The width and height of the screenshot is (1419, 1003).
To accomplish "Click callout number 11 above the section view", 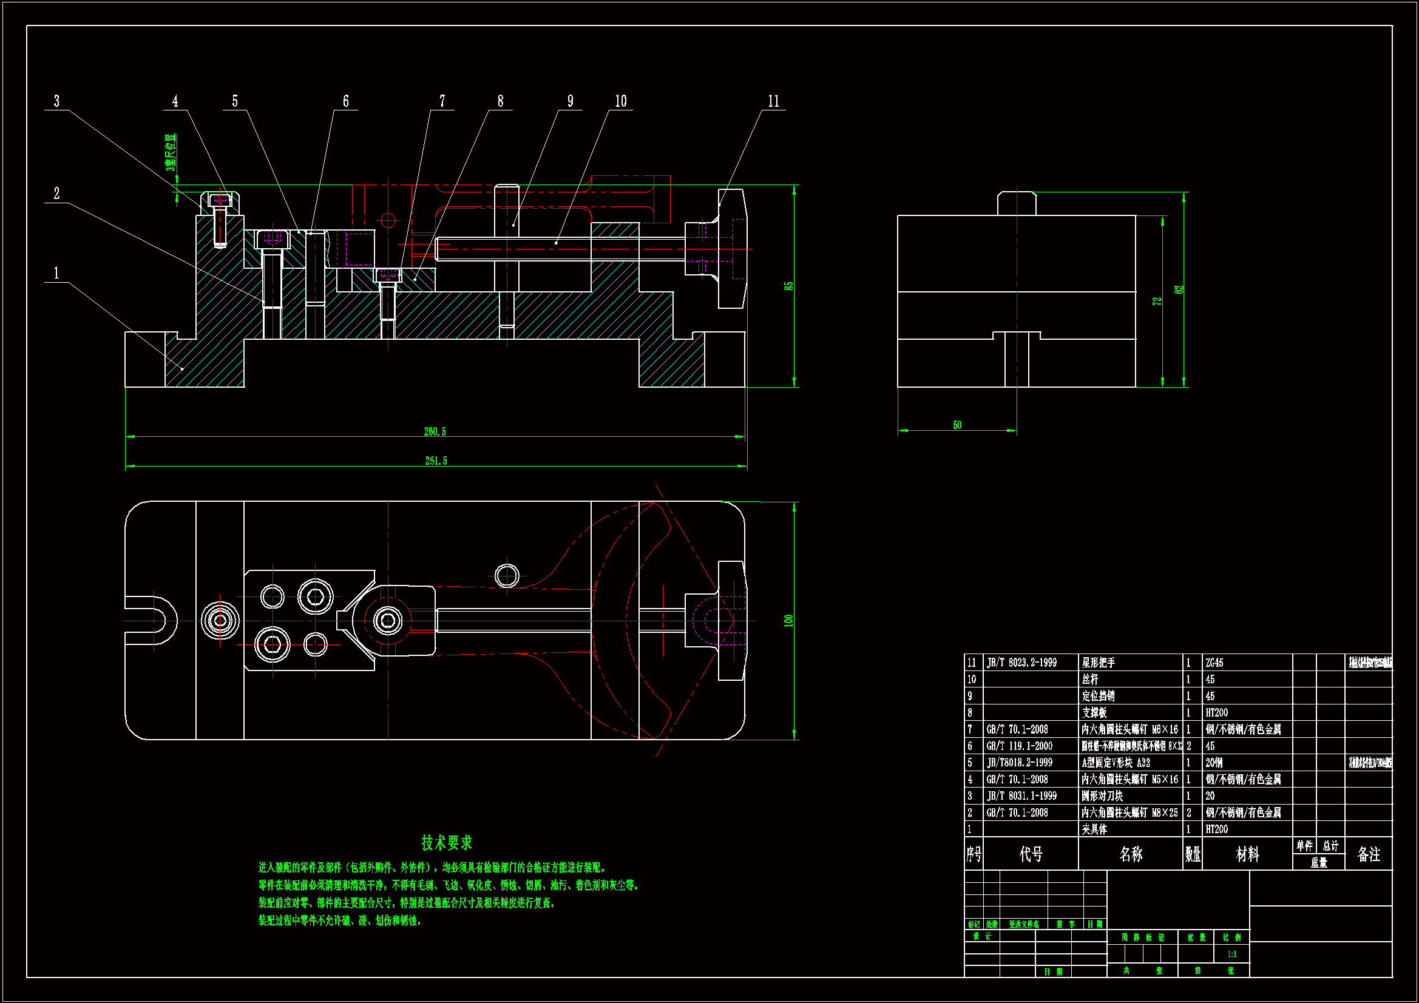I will pyautogui.click(x=773, y=101).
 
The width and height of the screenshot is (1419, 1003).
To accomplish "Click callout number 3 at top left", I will pyautogui.click(x=57, y=101).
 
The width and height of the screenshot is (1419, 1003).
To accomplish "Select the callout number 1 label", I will pyautogui.click(x=57, y=273).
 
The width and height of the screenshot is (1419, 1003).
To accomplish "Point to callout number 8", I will pyautogui.click(x=500, y=101).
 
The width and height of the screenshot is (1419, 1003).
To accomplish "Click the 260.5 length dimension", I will pyautogui.click(x=435, y=431).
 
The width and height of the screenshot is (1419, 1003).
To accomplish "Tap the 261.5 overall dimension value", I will pyautogui.click(x=436, y=461).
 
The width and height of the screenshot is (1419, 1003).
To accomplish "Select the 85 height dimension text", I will pyautogui.click(x=788, y=286).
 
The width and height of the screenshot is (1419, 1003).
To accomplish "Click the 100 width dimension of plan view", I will pyautogui.click(x=788, y=621).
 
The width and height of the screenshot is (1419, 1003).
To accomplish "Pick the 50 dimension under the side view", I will pyautogui.click(x=957, y=425).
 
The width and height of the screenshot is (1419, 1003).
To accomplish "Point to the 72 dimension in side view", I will pyautogui.click(x=1157, y=301).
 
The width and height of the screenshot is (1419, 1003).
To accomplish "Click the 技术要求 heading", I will pyautogui.click(x=446, y=842).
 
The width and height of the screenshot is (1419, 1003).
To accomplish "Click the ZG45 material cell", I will pyautogui.click(x=1214, y=663).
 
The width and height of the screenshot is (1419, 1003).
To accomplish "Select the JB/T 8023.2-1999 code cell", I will pyautogui.click(x=1021, y=663).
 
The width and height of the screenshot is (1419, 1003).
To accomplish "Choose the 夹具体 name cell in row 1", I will pyautogui.click(x=1094, y=829).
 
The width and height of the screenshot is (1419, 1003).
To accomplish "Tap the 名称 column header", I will pyautogui.click(x=1130, y=854).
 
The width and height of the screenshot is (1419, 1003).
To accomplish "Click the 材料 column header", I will pyautogui.click(x=1247, y=854).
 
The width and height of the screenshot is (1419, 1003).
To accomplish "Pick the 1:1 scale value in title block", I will pyautogui.click(x=1231, y=954).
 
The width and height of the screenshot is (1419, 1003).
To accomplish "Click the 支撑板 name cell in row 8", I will pyautogui.click(x=1094, y=712).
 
